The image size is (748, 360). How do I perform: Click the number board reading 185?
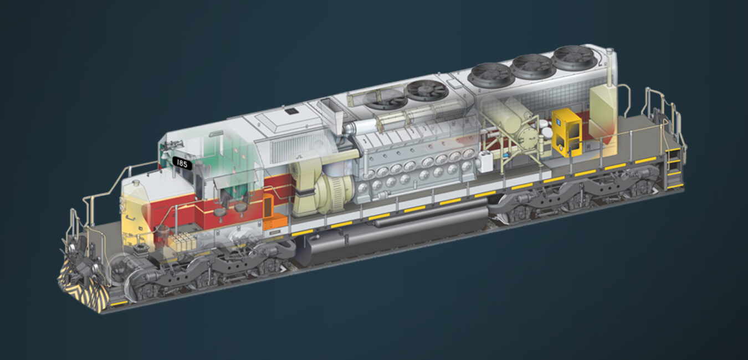pos(182,163)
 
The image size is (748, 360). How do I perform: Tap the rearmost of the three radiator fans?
pos(573,58)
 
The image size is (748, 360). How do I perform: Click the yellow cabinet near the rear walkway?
pos(566,132)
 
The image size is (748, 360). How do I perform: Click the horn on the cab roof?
pos(173,145)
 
